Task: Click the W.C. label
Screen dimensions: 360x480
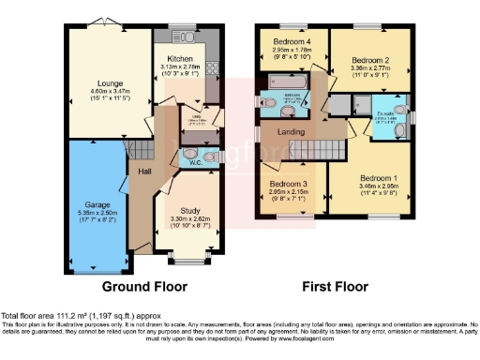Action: coord(195,161)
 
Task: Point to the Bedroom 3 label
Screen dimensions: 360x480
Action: coord(288,184)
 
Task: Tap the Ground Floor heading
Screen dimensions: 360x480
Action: coord(144,286)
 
